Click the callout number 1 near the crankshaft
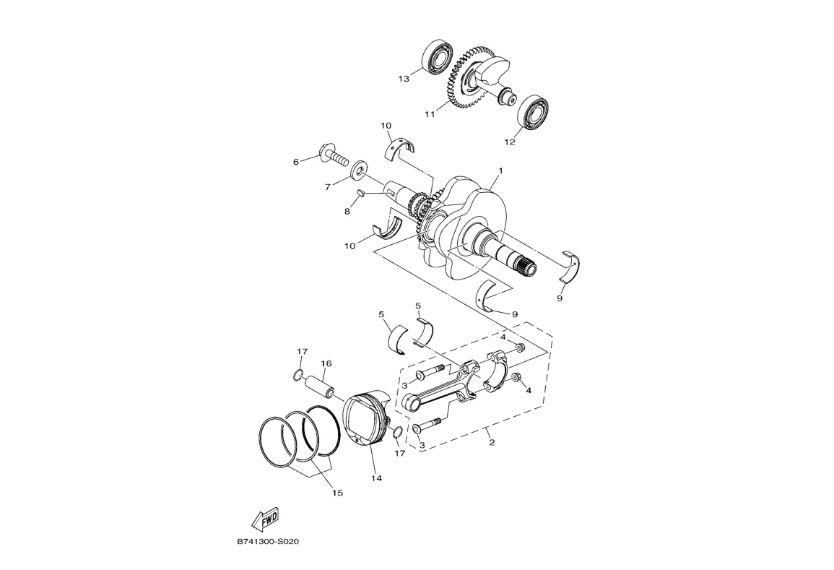pyautogui.click(x=499, y=171)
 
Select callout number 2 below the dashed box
pyautogui.click(x=492, y=442)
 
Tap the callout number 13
pyautogui.click(x=404, y=78)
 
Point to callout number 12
pyautogui.click(x=510, y=142)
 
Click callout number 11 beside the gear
pyautogui.click(x=430, y=114)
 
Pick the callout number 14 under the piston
pyautogui.click(x=376, y=478)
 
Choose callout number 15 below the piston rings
pyautogui.click(x=337, y=493)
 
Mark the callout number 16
pyautogui.click(x=326, y=364)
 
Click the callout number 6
pyautogui.click(x=295, y=162)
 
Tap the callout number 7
pyautogui.click(x=327, y=186)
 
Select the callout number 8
pyautogui.click(x=347, y=211)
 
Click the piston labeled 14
pyautogui.click(x=367, y=423)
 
